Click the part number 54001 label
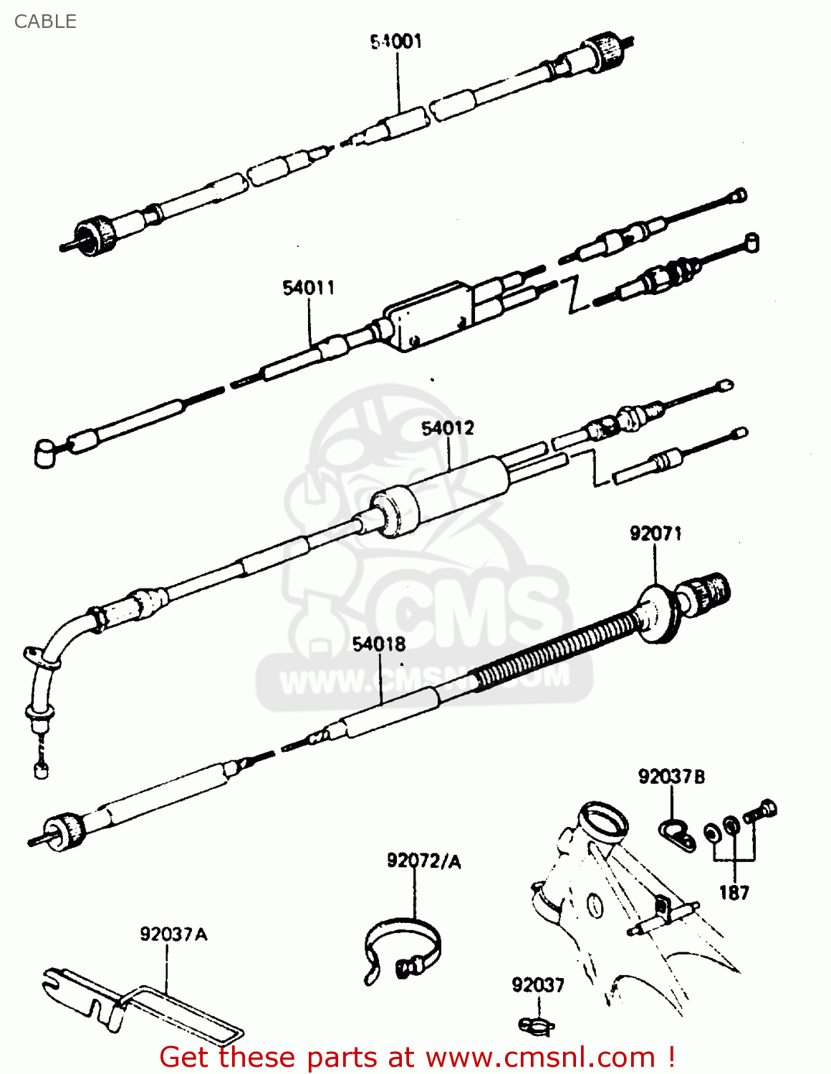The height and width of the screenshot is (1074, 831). point(396,42)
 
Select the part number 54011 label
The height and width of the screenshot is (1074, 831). point(308,288)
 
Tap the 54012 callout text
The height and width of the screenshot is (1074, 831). point(448,428)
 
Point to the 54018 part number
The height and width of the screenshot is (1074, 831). point(379,644)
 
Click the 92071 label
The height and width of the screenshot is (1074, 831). point(655,533)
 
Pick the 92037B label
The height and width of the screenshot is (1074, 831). point(671,777)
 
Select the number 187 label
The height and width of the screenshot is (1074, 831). point(734,893)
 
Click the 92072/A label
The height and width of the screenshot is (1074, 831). point(423,861)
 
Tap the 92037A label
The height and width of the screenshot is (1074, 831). point(173,934)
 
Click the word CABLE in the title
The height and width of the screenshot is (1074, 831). point(45,21)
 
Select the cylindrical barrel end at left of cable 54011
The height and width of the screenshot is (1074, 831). point(44,453)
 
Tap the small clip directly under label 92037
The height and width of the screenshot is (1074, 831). point(536,1025)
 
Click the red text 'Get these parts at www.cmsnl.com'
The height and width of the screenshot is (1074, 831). point(415,1057)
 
